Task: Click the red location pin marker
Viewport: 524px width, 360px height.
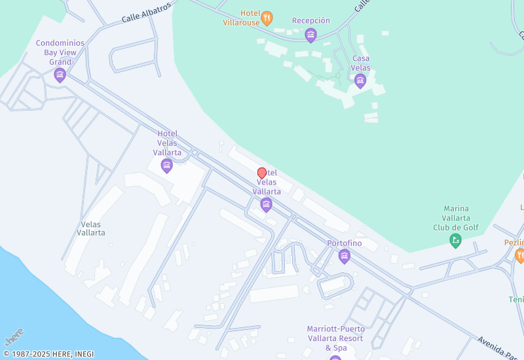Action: point(262,173)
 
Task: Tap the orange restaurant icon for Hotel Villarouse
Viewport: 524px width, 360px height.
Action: point(267,18)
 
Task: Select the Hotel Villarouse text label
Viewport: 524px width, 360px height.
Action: point(250,17)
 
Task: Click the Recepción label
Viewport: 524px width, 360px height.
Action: point(311,20)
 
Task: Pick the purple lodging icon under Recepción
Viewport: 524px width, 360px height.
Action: point(311,35)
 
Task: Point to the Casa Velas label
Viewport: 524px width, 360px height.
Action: point(360,63)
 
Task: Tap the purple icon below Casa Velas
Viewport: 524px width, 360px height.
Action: point(360,81)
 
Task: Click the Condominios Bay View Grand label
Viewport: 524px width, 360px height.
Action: point(60,52)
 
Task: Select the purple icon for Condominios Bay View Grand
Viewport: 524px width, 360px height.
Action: point(60,75)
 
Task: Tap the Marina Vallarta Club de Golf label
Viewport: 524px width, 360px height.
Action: point(456,218)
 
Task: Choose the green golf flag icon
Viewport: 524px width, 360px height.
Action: point(456,241)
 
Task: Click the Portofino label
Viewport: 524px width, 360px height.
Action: point(345,243)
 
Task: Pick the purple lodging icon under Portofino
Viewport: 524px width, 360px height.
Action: point(345,256)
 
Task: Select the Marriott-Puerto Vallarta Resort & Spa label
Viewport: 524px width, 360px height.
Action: point(335,338)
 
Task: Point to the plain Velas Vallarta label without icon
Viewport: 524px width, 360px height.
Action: point(90,228)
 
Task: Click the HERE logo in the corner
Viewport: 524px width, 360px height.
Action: point(14,336)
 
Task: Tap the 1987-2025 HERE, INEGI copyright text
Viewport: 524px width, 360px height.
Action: point(48,354)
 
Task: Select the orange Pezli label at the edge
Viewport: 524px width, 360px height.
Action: point(514,242)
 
